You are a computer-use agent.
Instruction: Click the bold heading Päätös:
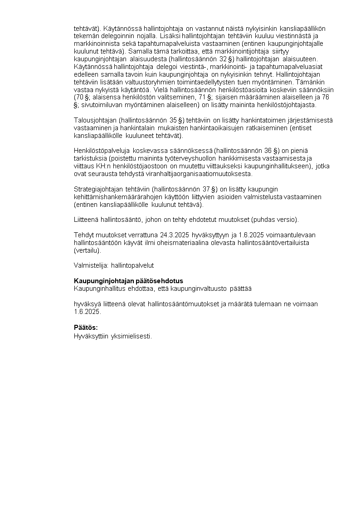click(86, 328)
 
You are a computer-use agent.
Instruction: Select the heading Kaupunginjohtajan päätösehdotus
click(128, 281)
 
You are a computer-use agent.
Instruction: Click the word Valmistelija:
click(91, 265)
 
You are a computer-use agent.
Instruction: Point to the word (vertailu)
click(88, 250)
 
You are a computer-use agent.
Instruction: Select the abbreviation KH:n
click(102, 166)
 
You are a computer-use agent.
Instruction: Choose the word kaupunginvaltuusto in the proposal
click(199, 289)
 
